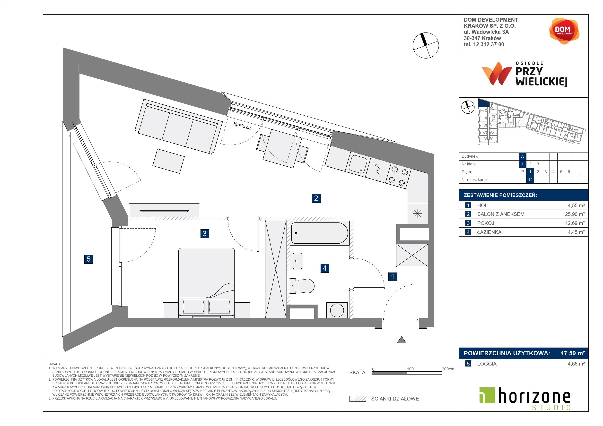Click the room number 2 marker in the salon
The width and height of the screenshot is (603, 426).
pyautogui.click(x=316, y=198)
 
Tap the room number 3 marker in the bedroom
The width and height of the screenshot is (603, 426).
pyautogui.click(x=205, y=233)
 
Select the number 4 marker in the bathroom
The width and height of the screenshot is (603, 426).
pyautogui.click(x=325, y=268)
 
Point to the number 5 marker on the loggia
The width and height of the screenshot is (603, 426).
pyautogui.click(x=88, y=259)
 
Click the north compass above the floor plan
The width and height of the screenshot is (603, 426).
pyautogui.click(x=426, y=45)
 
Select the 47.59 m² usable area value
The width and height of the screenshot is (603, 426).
pyautogui.click(x=573, y=353)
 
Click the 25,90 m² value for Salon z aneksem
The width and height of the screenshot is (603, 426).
pyautogui.click(x=575, y=214)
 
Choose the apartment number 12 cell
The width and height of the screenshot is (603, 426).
pyautogui.click(x=530, y=180)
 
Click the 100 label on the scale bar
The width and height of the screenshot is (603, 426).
pyautogui.click(x=410, y=369)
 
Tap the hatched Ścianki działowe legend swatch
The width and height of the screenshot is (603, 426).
pyautogui.click(x=358, y=399)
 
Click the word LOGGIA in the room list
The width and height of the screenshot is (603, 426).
pyautogui.click(x=487, y=364)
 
